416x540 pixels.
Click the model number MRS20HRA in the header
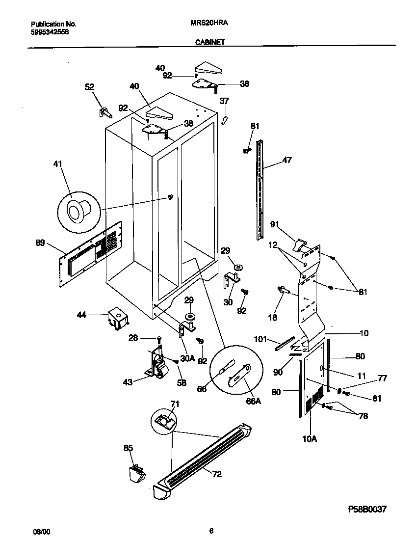click(208, 23)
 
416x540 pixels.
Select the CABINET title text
click(209, 42)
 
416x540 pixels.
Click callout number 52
click(89, 86)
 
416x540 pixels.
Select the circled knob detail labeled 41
click(78, 211)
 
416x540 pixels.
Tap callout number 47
click(287, 160)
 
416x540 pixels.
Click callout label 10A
click(310, 439)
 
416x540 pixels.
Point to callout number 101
click(260, 339)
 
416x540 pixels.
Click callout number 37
click(224, 101)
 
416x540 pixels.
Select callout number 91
click(274, 224)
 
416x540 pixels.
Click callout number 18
click(273, 317)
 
